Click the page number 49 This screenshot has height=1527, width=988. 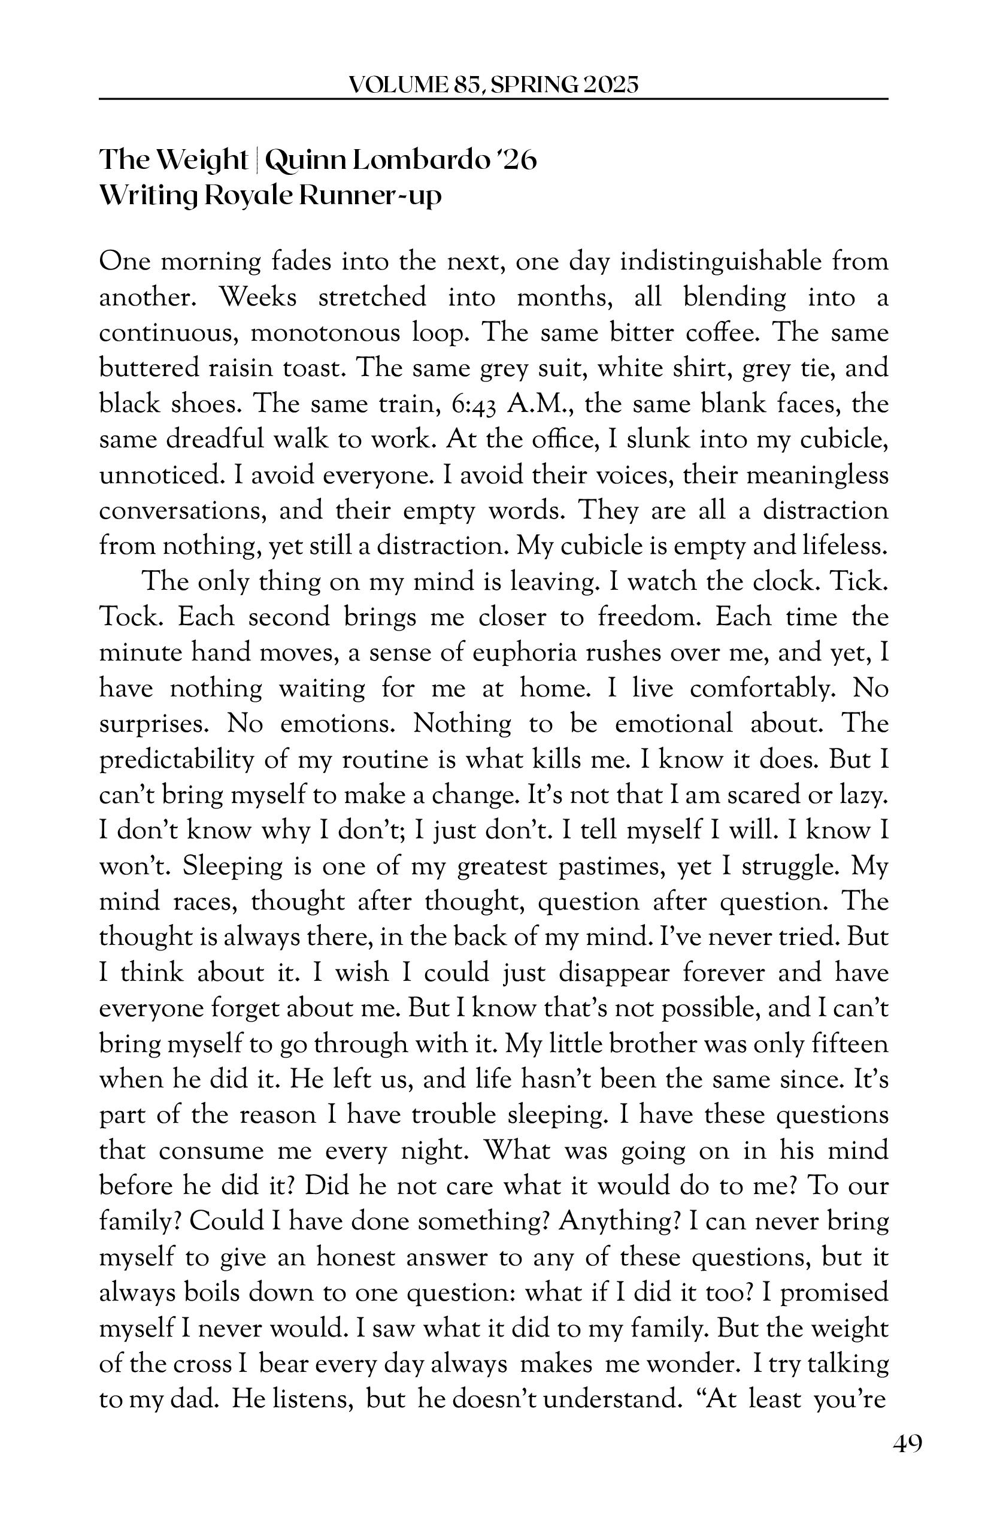tap(907, 1444)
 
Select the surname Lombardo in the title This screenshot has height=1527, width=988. tap(420, 160)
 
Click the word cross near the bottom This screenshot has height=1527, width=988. tap(203, 1364)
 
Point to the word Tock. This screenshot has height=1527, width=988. tap(132, 617)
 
